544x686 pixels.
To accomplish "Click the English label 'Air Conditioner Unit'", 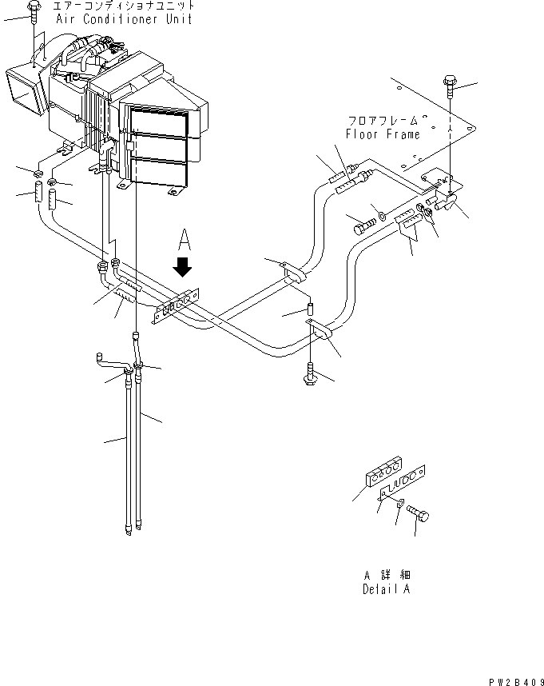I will [124, 19].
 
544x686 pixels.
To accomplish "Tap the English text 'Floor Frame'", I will [383, 135].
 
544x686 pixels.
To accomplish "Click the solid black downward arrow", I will [184, 265].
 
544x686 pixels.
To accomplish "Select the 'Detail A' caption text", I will [386, 590].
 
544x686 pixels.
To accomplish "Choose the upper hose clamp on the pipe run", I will [292, 273].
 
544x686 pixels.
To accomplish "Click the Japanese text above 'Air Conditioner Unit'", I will [123, 6].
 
